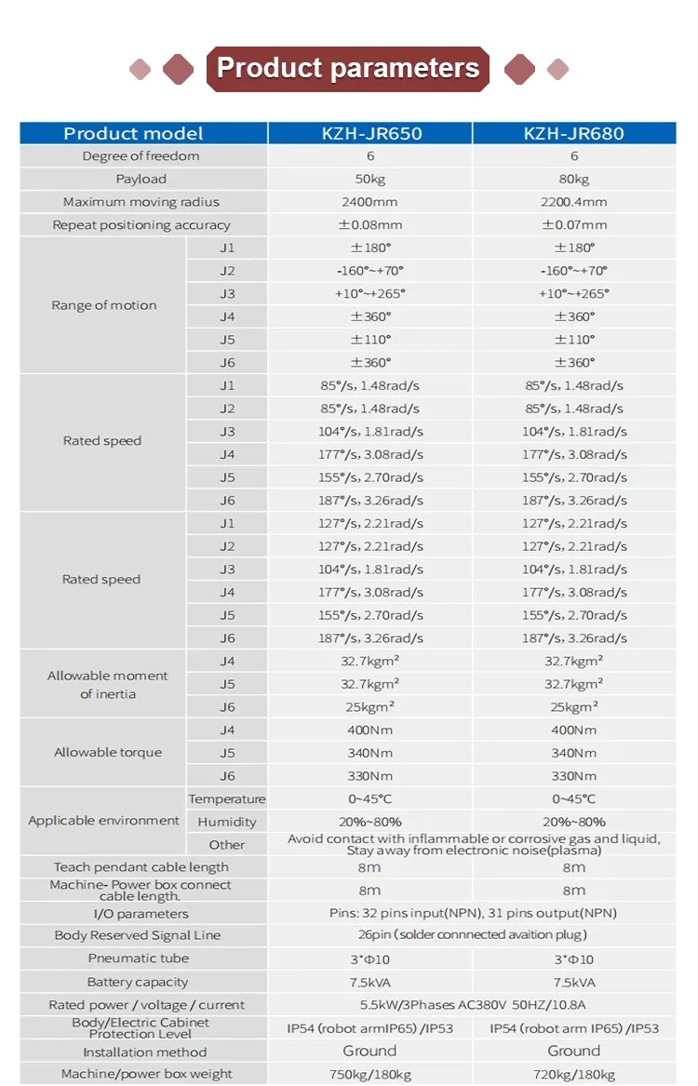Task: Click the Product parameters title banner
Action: (x=348, y=69)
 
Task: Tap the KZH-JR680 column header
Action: (x=574, y=133)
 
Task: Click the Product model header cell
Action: (x=133, y=133)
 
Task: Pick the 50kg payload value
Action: (x=369, y=180)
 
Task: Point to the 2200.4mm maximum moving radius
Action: (x=573, y=202)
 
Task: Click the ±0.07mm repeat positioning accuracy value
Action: (x=574, y=225)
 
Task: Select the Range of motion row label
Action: (x=104, y=305)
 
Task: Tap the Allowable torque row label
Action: (x=108, y=752)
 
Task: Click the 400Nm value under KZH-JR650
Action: (x=369, y=730)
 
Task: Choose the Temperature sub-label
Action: (x=226, y=798)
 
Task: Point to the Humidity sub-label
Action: (x=227, y=822)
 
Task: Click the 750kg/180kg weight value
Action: (x=369, y=1074)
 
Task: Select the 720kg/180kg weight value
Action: (x=574, y=1074)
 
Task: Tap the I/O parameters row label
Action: (x=141, y=914)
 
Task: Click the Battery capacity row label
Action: (x=138, y=982)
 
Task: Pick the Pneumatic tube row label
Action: (x=139, y=959)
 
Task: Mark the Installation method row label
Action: (x=145, y=1052)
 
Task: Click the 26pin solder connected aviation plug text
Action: (x=472, y=935)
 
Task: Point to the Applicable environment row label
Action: (x=104, y=821)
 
